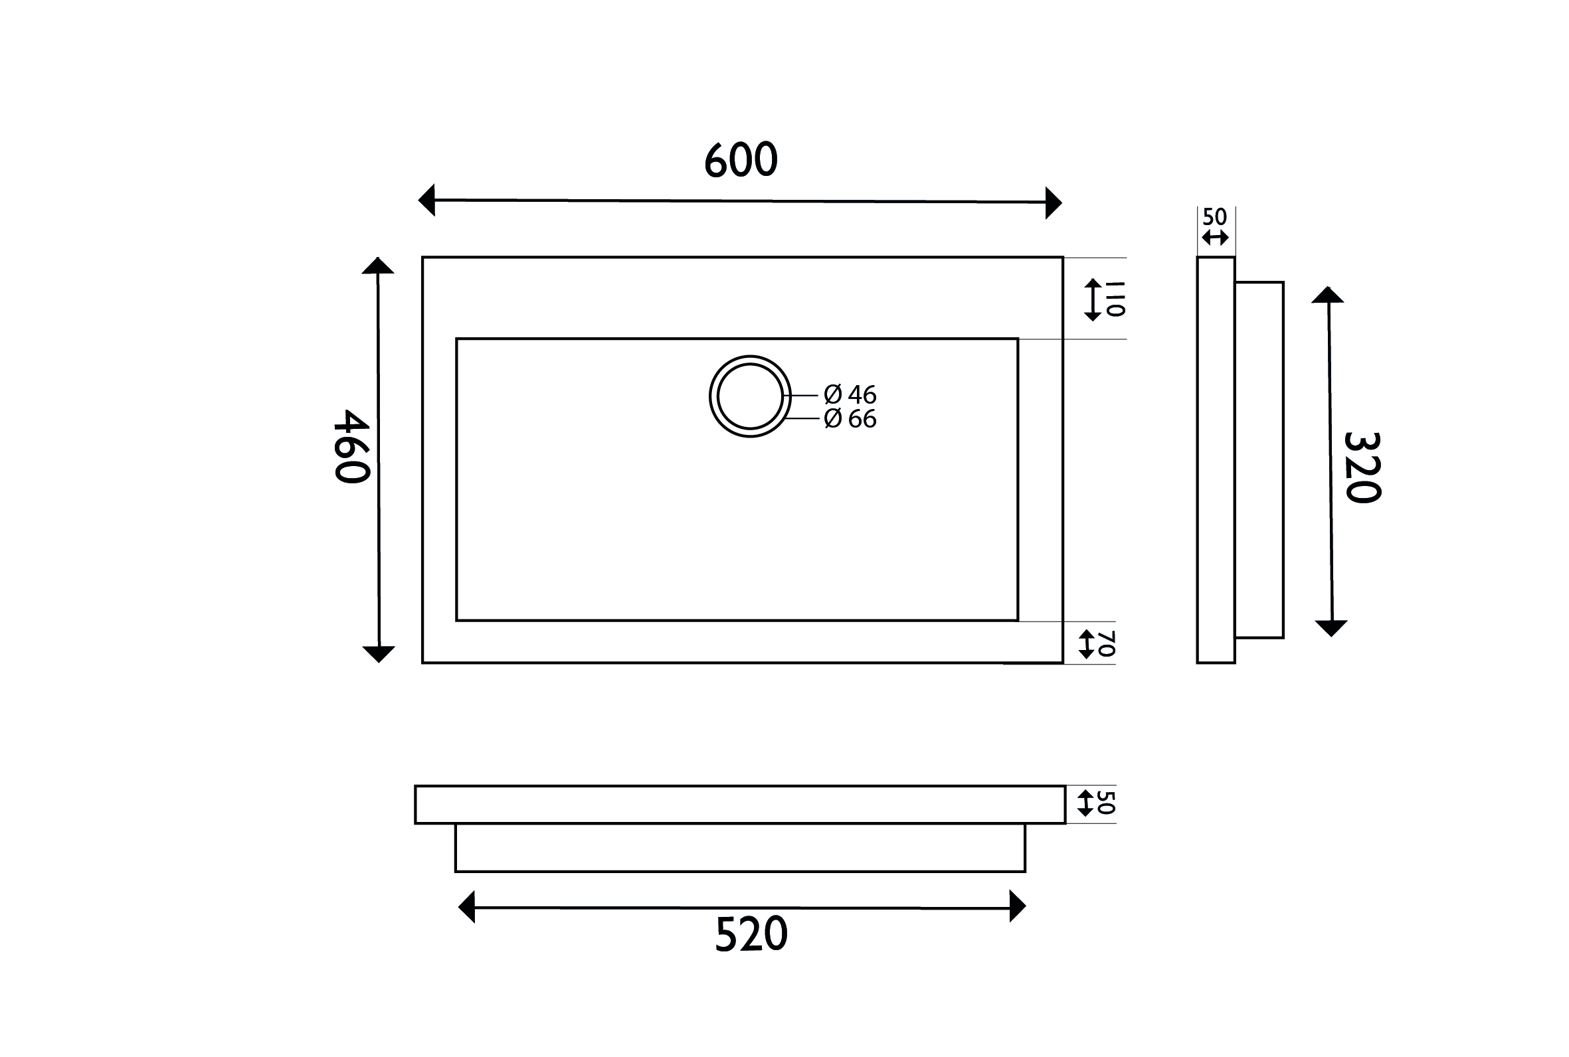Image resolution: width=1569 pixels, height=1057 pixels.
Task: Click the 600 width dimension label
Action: click(x=741, y=160)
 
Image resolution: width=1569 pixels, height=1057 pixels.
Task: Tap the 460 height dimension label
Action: click(x=352, y=446)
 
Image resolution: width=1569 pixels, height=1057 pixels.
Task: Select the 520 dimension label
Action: click(x=751, y=934)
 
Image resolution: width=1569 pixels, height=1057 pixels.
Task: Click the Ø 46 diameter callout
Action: click(x=850, y=394)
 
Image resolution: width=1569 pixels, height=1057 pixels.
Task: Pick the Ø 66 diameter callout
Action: click(x=850, y=419)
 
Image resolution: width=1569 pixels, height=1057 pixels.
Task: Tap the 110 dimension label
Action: click(x=1115, y=299)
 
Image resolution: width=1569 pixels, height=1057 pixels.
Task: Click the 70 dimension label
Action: click(x=1107, y=643)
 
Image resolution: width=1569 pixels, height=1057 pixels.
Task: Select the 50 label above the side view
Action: click(x=1214, y=217)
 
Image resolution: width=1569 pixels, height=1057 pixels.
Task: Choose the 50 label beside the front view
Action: click(x=1107, y=802)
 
